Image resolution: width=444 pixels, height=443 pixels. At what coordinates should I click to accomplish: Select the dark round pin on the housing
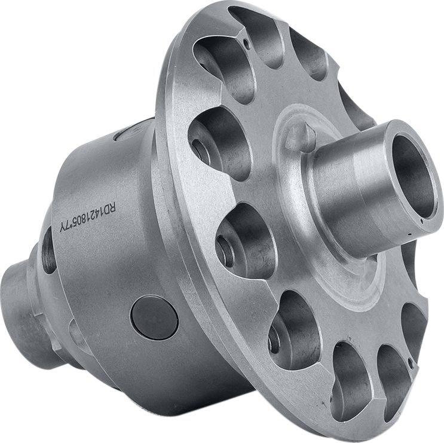pos(154,315)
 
